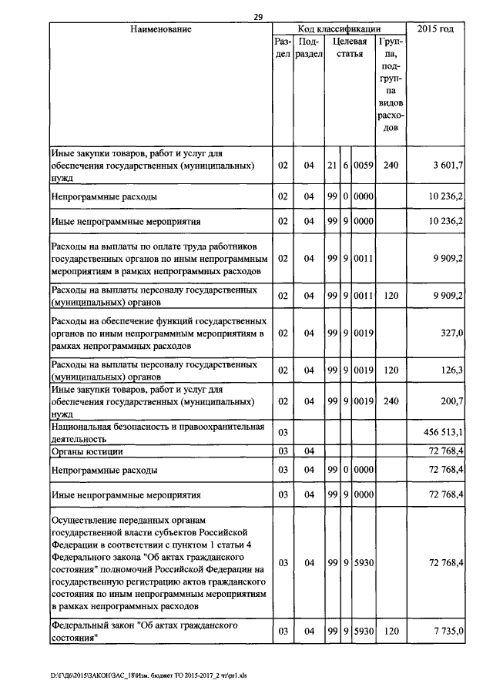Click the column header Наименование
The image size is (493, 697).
(x=160, y=29)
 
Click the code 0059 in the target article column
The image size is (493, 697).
(x=364, y=166)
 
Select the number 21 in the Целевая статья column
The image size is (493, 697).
(x=333, y=166)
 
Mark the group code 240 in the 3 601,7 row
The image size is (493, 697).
(x=391, y=166)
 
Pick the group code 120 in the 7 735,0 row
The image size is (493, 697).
(x=391, y=631)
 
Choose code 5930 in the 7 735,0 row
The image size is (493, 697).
(x=364, y=631)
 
